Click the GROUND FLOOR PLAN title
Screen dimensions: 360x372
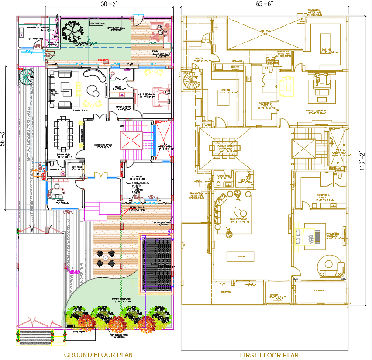(x=98, y=354)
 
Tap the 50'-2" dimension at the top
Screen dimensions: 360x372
(x=105, y=4)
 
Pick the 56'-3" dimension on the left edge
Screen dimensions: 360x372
(x=3, y=136)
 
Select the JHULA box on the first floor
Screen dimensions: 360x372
(x=238, y=256)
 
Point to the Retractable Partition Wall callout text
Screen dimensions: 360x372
(x=138, y=208)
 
